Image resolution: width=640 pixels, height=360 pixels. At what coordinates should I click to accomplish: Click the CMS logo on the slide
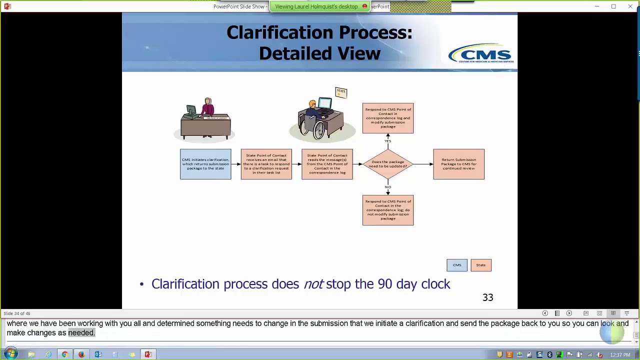point(480,53)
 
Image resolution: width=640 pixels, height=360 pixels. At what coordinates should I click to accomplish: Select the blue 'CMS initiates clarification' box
point(205,164)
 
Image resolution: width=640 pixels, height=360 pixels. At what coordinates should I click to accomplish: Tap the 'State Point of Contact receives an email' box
point(266,164)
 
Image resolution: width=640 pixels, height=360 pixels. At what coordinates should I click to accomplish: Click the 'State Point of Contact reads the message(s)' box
point(327,164)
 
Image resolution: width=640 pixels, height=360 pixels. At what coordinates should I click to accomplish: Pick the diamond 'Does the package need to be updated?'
point(388,164)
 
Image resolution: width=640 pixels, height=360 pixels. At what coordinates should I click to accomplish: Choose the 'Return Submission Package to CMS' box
point(458,164)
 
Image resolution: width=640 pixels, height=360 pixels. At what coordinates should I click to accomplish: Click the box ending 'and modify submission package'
point(388,118)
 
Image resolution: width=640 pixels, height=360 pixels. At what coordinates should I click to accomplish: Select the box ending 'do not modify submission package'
point(388,210)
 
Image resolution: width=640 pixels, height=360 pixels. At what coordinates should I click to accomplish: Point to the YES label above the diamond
point(388,141)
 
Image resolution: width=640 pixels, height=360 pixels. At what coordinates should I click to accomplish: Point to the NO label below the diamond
point(388,187)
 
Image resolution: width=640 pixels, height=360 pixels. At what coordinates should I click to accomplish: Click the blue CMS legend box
point(457,265)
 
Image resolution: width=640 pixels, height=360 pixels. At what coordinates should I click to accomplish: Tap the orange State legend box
point(481,265)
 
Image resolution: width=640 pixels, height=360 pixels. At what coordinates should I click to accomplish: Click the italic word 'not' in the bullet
point(313,284)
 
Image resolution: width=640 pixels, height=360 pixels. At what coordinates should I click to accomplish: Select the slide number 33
point(487,297)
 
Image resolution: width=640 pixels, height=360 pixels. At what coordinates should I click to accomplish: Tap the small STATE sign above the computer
point(341,92)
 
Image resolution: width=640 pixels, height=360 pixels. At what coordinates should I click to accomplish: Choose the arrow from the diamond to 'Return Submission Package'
point(423,164)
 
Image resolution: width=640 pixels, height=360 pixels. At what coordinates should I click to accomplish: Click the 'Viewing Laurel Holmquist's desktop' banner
point(316,6)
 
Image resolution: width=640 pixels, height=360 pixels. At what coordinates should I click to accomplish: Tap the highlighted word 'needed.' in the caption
point(81,333)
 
